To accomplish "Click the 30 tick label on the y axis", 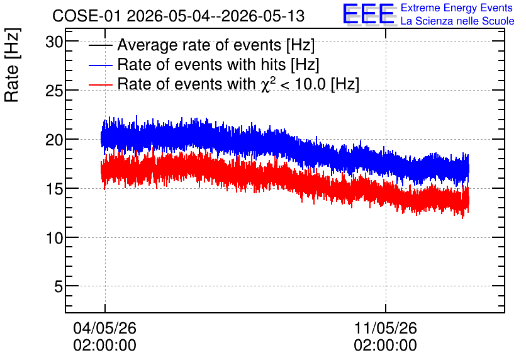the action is click(x=54, y=42).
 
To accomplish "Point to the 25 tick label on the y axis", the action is click(x=54, y=91).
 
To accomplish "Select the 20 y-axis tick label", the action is click(x=54, y=140).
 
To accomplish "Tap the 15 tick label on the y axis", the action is click(x=54, y=189).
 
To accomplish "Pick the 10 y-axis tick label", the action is click(x=54, y=238).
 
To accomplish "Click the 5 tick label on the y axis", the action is click(x=59, y=287).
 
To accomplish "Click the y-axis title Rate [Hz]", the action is click(x=12, y=65).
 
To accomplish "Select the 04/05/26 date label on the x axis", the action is click(x=104, y=328).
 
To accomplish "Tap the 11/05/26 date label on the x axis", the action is click(x=386, y=328).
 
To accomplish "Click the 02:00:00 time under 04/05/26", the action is click(x=104, y=346).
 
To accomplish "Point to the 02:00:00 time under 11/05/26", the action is click(x=386, y=346).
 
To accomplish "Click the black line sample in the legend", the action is click(x=101, y=45).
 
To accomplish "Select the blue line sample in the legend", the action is click(x=101, y=65).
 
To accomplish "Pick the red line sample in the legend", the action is click(x=101, y=84).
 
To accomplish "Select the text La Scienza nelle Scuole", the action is click(x=457, y=21).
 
